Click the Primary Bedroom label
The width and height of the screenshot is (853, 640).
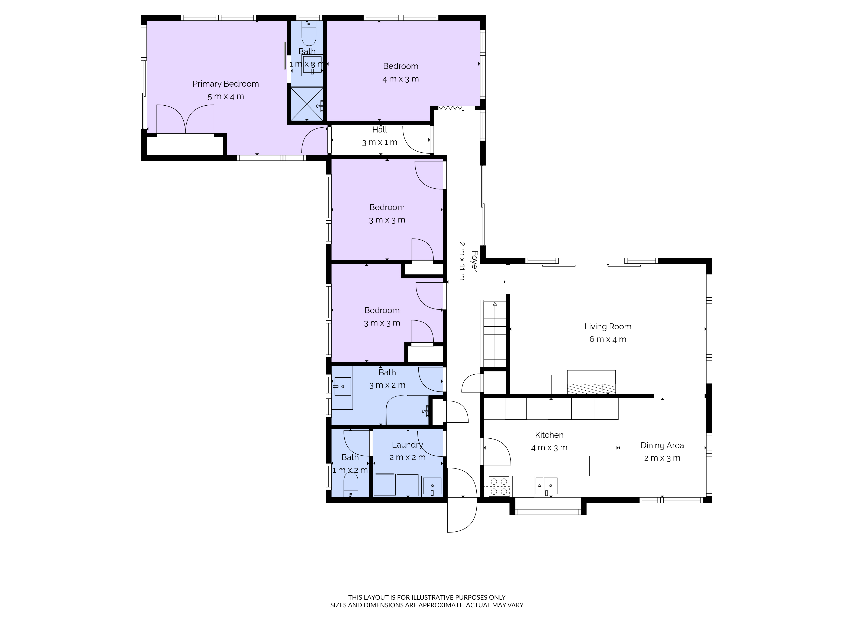pyautogui.click(x=226, y=84)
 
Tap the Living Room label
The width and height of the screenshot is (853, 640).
pyautogui.click(x=608, y=327)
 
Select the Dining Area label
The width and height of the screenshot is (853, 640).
pyautogui.click(x=662, y=446)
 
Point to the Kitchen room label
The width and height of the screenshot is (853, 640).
pyautogui.click(x=549, y=435)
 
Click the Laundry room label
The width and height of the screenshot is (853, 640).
pyautogui.click(x=407, y=445)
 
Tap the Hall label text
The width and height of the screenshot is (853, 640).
pyautogui.click(x=380, y=130)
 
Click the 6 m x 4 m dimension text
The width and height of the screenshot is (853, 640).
pyautogui.click(x=608, y=339)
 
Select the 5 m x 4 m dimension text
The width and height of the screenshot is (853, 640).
pyautogui.click(x=226, y=96)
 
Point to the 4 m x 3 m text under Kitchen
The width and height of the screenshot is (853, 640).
pyautogui.click(x=549, y=448)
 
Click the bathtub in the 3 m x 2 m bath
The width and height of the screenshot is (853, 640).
pyautogui.click(x=408, y=410)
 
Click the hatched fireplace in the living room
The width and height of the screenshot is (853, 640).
pyautogui.click(x=592, y=388)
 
